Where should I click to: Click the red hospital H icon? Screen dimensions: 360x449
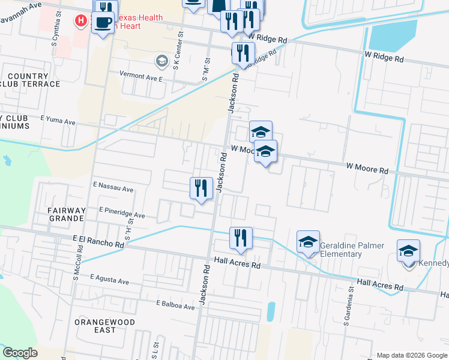[80, 21]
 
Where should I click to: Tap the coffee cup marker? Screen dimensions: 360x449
[103, 23]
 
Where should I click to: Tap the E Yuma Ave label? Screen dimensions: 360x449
[58, 122]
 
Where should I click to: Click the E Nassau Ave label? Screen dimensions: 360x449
[113, 188]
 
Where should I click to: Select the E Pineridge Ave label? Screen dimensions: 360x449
[122, 214]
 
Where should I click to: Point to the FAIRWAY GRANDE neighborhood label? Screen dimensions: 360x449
[66, 214]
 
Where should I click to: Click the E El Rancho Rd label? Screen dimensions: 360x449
[98, 242]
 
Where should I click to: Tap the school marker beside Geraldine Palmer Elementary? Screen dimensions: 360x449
[309, 242]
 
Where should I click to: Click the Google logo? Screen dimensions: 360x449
[20, 353]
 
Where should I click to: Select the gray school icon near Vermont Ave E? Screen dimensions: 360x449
[161, 61]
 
